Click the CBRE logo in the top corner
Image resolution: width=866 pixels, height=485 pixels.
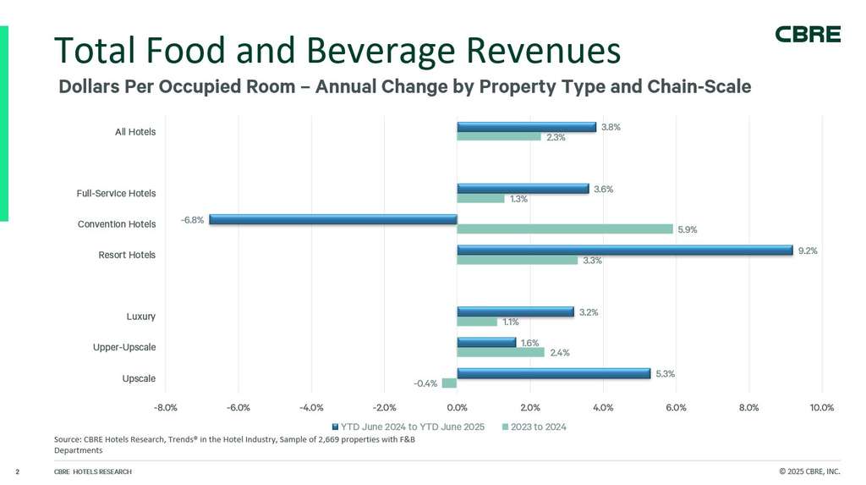[808, 35]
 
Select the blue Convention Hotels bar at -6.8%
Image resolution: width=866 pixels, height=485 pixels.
[333, 219]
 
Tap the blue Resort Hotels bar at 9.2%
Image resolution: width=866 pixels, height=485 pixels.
[624, 251]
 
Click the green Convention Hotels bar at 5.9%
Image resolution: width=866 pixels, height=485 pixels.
[564, 229]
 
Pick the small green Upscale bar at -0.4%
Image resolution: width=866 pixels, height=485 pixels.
[449, 383]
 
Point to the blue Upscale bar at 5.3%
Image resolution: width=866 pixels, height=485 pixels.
[553, 373]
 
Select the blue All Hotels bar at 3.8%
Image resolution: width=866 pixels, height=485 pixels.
[526, 127]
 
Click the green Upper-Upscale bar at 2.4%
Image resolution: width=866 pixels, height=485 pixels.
[501, 353]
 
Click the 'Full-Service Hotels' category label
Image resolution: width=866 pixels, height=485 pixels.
[116, 194]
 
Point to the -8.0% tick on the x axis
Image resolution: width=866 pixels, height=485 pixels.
[166, 408]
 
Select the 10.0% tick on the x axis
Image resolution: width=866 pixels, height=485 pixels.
[821, 408]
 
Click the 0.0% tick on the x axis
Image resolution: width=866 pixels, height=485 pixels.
[458, 408]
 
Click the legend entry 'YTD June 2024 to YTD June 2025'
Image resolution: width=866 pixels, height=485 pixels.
[412, 427]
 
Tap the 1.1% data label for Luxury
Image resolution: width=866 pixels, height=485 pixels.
[511, 322]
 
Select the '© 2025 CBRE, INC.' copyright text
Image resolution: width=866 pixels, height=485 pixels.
[809, 471]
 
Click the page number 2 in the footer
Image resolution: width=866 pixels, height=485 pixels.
[18, 471]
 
